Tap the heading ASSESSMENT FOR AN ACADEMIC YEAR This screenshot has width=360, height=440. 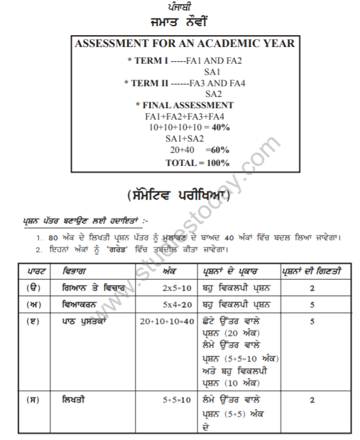tap(184, 44)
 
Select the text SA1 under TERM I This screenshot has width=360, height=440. tap(213, 71)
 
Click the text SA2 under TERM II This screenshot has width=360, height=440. tap(214, 94)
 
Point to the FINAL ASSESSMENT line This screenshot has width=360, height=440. tap(184, 105)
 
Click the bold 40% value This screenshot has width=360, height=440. tap(221, 127)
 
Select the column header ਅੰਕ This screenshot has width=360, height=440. tap(168, 272)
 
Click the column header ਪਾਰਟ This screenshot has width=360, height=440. tap(33, 272)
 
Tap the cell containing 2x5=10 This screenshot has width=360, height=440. tap(176, 289)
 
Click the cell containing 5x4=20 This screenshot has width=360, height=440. tap(176, 305)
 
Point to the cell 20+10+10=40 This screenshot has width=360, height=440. tap(167, 321)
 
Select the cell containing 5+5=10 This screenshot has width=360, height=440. tap(177, 400)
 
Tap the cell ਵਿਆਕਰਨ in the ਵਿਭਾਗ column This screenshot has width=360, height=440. tap(83, 305)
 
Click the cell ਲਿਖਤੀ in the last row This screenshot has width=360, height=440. tap(73, 400)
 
